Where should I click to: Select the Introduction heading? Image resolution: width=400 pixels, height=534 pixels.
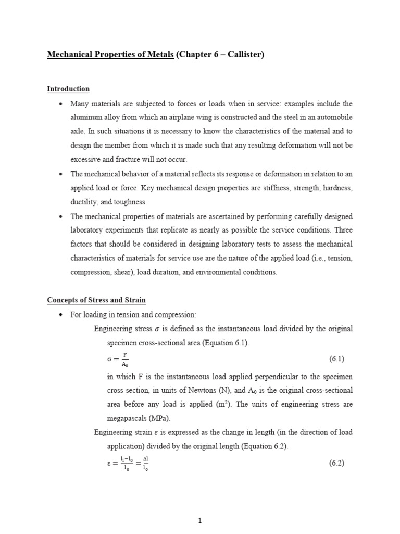point(68,89)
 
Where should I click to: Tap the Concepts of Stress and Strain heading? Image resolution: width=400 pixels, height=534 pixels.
point(96,300)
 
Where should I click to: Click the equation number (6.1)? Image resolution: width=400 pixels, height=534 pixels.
point(336,359)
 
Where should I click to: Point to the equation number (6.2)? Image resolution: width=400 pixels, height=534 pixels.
point(336,463)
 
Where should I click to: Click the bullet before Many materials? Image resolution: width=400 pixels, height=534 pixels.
point(61,103)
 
